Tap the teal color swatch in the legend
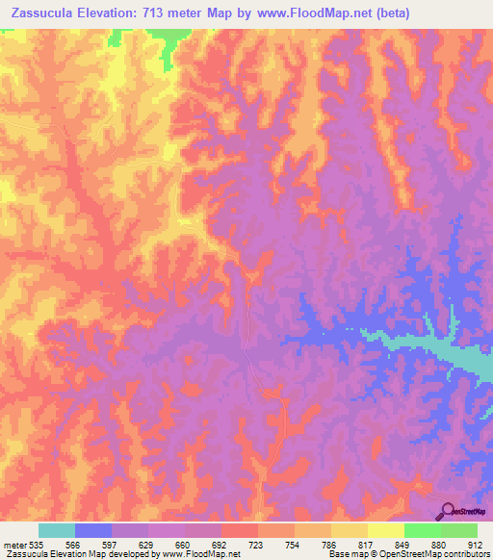point(56,530)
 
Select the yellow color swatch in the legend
point(385,530)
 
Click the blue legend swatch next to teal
point(93,530)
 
